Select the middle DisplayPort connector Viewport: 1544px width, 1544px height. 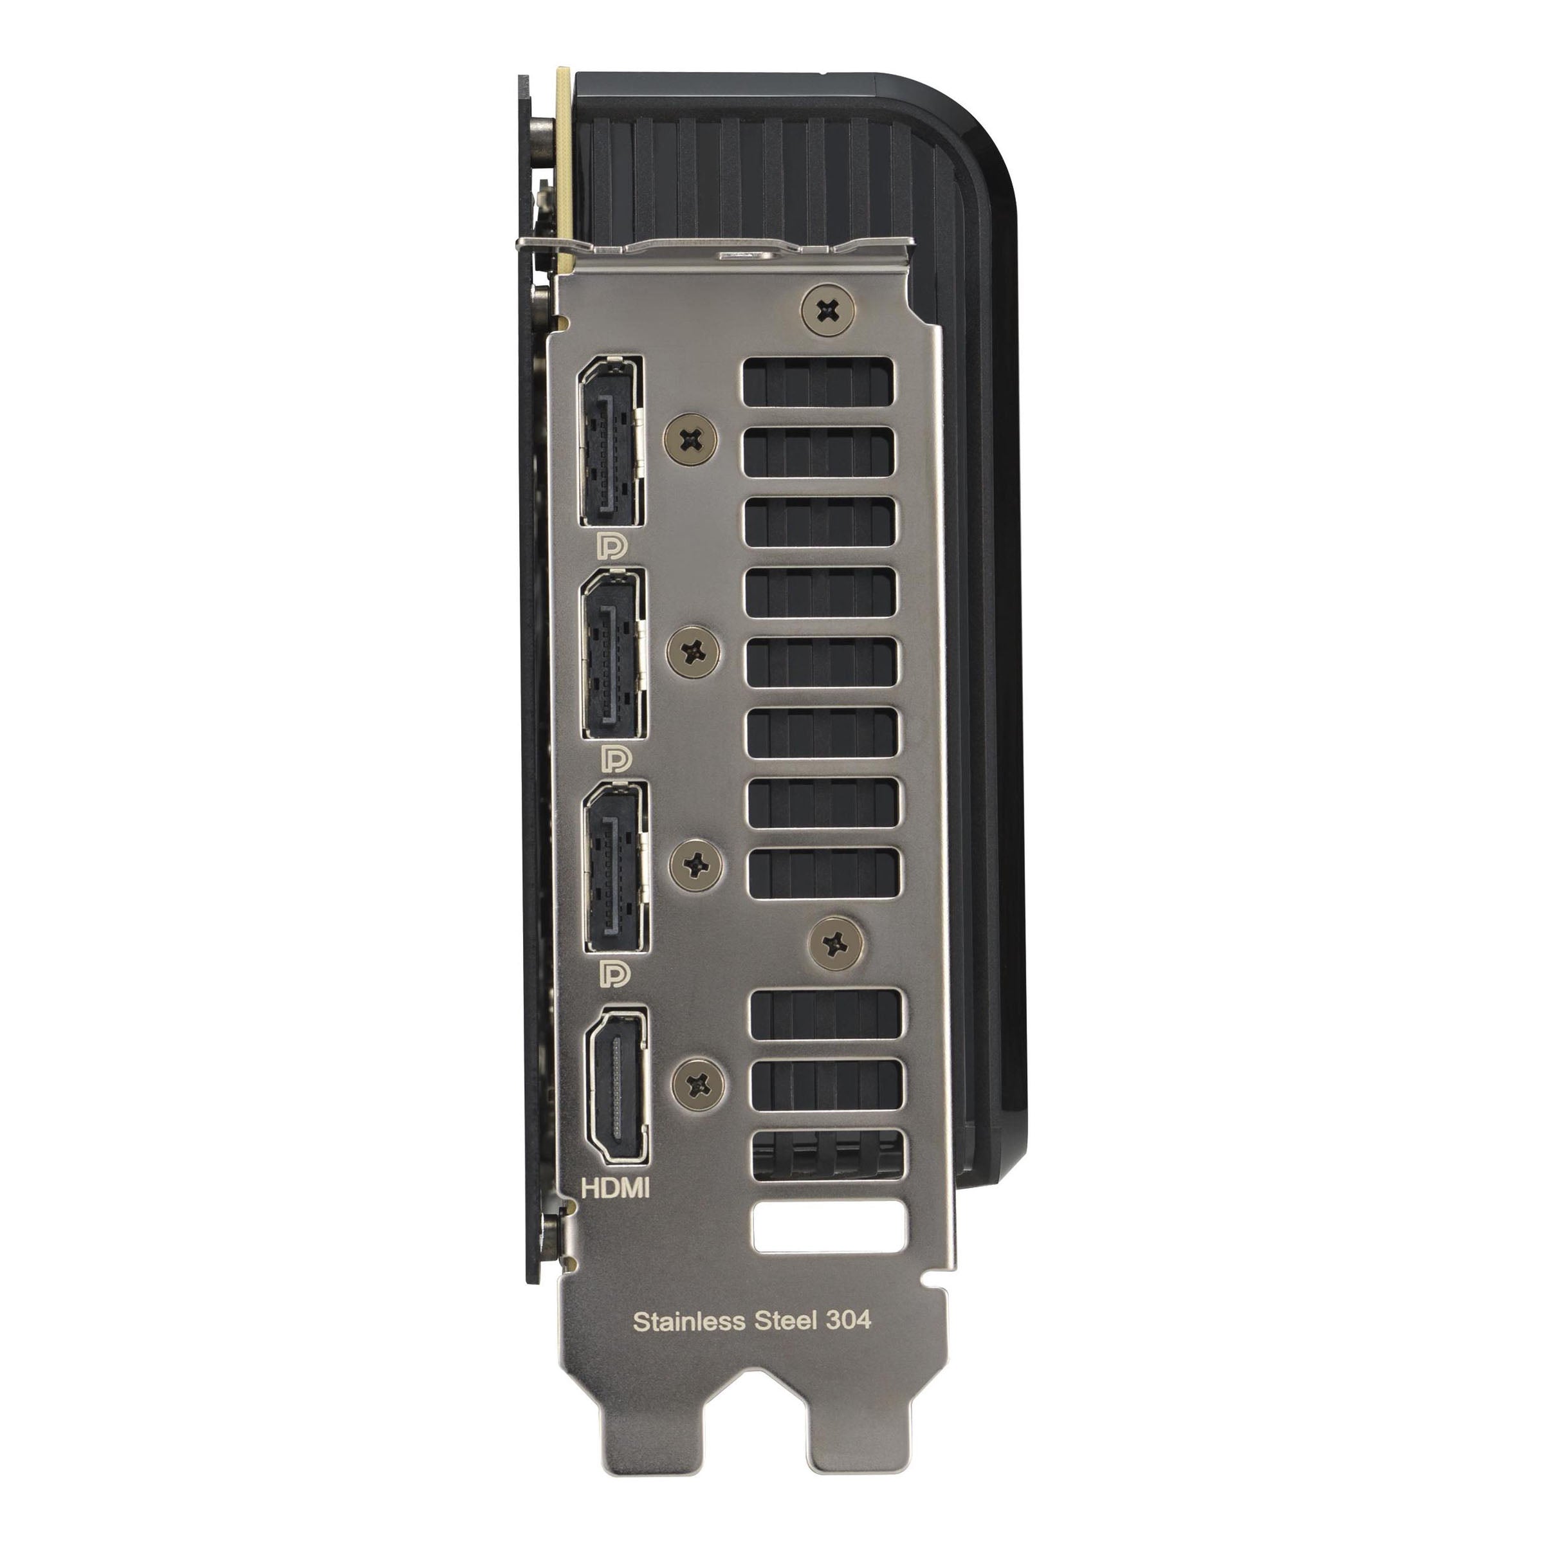coord(614,656)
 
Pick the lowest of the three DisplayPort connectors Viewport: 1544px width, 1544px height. coord(616,868)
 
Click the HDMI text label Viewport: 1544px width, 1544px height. coord(616,1210)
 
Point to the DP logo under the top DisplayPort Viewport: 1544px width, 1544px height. coord(614,547)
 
